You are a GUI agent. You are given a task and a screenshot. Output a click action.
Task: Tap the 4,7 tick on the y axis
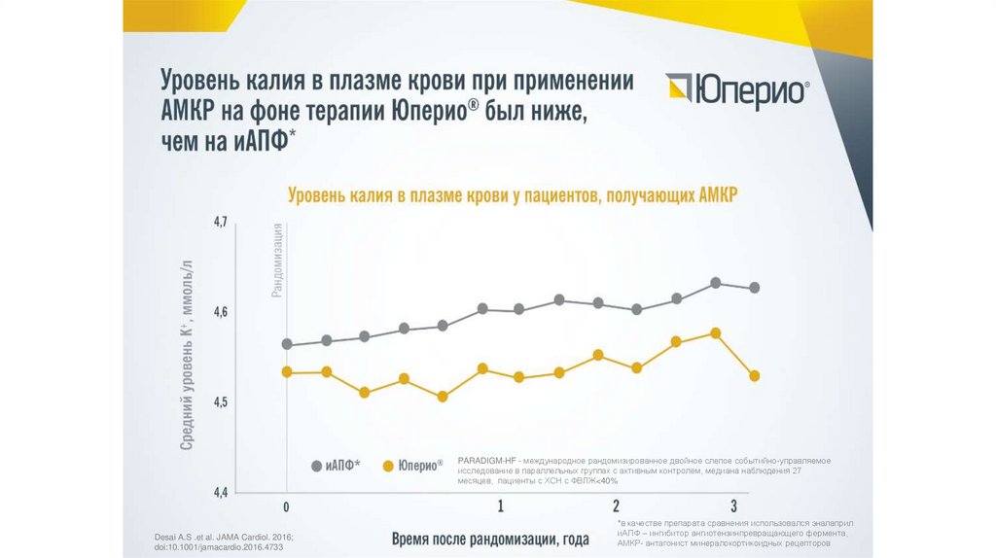point(220,223)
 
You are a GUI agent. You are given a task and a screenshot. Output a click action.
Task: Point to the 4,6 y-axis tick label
point(220,312)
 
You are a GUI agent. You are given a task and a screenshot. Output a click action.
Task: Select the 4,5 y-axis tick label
point(220,401)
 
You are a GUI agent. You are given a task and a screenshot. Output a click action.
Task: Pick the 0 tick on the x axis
point(286,506)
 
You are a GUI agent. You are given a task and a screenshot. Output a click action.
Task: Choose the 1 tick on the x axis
point(500,506)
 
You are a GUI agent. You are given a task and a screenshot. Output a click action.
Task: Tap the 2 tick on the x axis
point(616,506)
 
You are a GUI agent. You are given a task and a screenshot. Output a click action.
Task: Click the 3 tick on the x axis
point(733,506)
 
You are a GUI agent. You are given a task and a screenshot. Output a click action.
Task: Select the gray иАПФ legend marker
point(316,466)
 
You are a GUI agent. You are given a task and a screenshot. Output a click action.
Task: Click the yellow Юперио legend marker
point(388,466)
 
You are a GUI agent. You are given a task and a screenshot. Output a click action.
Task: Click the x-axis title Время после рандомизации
point(491,538)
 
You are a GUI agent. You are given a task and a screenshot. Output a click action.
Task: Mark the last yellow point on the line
point(754,375)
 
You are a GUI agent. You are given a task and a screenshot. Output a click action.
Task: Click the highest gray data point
point(715,283)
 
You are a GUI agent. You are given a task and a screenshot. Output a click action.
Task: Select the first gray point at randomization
point(287,344)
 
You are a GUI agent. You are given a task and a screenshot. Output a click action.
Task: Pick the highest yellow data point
point(715,333)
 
